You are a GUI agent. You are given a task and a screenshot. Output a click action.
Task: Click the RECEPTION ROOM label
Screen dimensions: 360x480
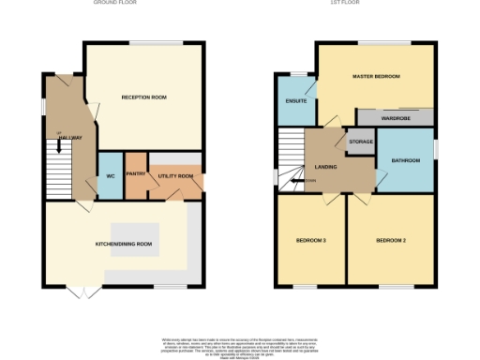tap(144, 97)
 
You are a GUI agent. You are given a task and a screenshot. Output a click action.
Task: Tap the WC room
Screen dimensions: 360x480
tap(110, 175)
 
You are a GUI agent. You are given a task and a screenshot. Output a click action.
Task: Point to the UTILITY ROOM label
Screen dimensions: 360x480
tap(175, 175)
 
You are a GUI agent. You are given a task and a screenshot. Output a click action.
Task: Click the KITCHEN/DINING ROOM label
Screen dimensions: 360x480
tap(124, 244)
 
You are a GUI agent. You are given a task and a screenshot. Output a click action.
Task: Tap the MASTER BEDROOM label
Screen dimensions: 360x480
tap(375, 75)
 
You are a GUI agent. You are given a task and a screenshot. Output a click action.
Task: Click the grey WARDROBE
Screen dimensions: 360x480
tap(395, 118)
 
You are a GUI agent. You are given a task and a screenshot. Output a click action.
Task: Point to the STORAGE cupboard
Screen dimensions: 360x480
tap(361, 142)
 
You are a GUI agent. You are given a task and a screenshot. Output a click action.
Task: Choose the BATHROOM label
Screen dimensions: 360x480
tap(405, 161)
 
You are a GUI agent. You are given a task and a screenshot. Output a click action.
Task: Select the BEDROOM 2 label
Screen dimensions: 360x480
tap(390, 241)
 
